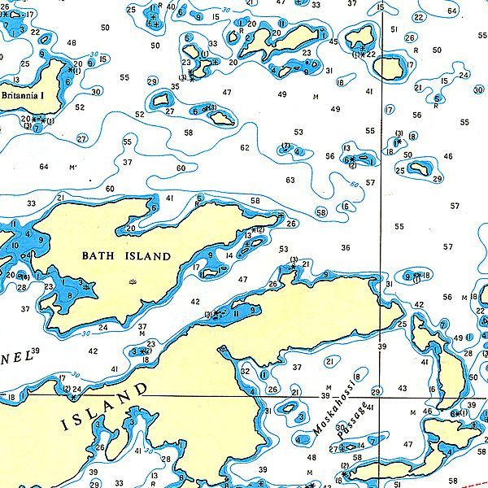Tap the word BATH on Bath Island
[100, 256]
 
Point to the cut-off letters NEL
[13, 356]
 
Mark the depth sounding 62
[245, 148]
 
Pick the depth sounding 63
[290, 180]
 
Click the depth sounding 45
[333, 41]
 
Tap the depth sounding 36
[346, 247]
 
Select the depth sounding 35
[175, 87]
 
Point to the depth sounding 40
[171, 7]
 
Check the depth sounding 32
[246, 371]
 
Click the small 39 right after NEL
[35, 351]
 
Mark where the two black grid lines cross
[382, 396]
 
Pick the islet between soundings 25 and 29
[420, 169]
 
